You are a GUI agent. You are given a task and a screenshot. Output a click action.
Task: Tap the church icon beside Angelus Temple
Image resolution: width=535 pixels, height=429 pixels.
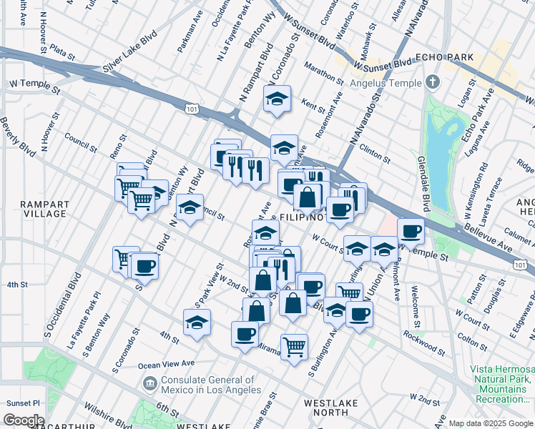[x=431, y=82]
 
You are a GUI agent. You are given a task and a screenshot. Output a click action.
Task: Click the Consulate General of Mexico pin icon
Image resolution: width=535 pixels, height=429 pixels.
[x=150, y=385]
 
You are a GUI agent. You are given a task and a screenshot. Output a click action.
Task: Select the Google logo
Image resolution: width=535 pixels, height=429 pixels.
[x=24, y=420]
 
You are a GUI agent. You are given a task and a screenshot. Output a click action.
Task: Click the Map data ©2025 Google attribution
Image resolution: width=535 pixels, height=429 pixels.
[x=490, y=423]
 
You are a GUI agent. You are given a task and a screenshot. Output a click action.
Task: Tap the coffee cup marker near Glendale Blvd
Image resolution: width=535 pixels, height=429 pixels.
[x=411, y=230]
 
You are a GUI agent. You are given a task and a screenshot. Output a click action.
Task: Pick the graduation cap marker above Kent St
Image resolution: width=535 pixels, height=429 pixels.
[x=277, y=99]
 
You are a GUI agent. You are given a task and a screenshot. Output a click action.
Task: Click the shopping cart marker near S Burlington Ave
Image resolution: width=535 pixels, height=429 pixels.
[x=349, y=292]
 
